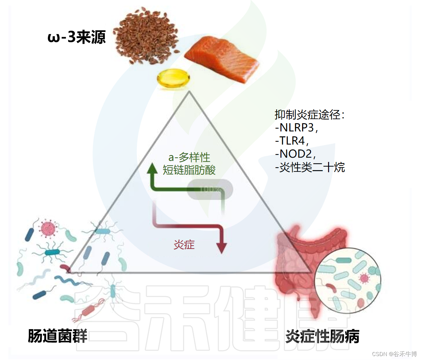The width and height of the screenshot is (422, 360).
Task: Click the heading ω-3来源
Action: pyautogui.click(x=77, y=37)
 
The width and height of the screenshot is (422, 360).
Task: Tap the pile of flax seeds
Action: pyautogui.click(x=146, y=36)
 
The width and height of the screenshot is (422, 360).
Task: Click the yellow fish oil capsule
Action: pyautogui.click(x=173, y=79)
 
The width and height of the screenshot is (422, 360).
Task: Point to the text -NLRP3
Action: pyautogui.click(x=296, y=127)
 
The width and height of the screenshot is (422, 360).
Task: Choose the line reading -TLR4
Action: pyautogui.click(x=291, y=141)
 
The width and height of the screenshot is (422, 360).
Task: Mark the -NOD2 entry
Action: pyautogui.click(x=295, y=154)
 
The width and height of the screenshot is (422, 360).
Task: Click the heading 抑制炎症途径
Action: pyautogui.click(x=309, y=115)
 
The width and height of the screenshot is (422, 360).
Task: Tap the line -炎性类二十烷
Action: pyautogui.click(x=310, y=167)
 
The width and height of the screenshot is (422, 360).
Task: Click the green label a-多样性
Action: pyautogui.click(x=189, y=157)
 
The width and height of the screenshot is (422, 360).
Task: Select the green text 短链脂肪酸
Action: pyautogui.click(x=189, y=170)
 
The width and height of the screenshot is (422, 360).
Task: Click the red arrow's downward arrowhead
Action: pyautogui.click(x=222, y=248)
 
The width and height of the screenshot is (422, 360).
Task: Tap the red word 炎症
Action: pyautogui.click(x=184, y=245)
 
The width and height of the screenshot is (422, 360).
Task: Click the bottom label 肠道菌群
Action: pyautogui.click(x=57, y=336)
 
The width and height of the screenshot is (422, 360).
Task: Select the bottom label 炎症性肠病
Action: pyautogui.click(x=322, y=336)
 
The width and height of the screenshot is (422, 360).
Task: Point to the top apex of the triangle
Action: pyautogui.click(x=189, y=93)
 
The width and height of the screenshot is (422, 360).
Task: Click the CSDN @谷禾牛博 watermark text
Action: pyautogui.click(x=394, y=354)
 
